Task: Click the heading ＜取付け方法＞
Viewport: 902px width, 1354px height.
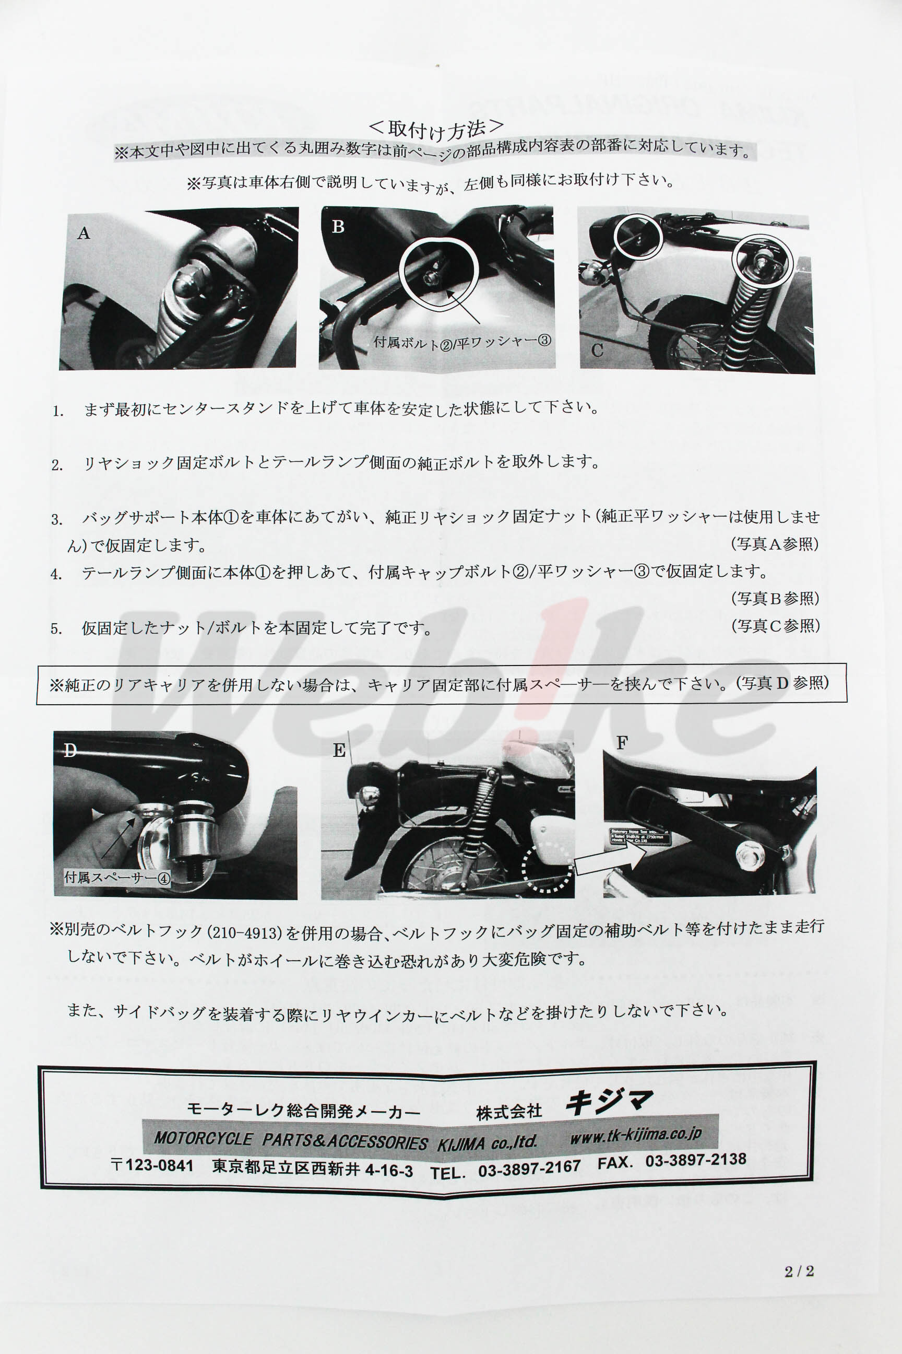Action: click(x=435, y=129)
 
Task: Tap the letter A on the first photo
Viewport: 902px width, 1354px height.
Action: click(x=84, y=233)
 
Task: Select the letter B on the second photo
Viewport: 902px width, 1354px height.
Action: click(x=338, y=227)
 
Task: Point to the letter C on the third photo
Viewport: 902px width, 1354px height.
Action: click(x=597, y=350)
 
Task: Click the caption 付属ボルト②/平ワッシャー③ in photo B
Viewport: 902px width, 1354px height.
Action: click(x=462, y=342)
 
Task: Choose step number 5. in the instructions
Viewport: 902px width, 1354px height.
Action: click(x=56, y=628)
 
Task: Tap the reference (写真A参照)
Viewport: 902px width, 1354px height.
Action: click(x=774, y=544)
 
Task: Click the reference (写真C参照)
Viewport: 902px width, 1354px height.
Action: click(x=775, y=626)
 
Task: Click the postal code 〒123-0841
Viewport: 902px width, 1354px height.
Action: click(x=152, y=1165)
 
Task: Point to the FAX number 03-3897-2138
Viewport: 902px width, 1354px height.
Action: click(x=695, y=1160)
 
